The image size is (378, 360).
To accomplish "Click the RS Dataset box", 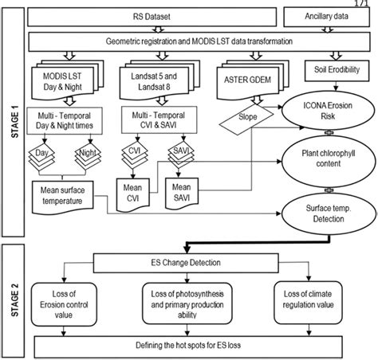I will [150, 16].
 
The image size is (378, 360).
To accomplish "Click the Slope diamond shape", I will [246, 117].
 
